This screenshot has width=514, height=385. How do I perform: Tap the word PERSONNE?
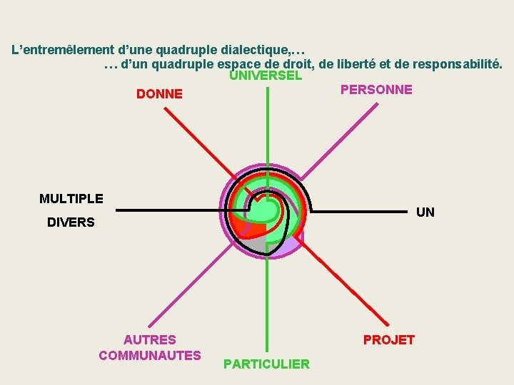click(x=376, y=90)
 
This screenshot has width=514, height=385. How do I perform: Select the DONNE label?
click(x=159, y=94)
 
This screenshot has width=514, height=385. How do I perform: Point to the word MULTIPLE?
click(x=71, y=199)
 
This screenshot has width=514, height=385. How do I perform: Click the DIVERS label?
click(x=71, y=222)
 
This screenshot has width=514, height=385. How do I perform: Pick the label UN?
click(x=425, y=212)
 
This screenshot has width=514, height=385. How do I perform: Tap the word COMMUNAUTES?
click(x=150, y=355)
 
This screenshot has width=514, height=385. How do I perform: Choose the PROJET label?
click(x=388, y=340)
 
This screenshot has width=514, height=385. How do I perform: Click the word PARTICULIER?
click(x=266, y=364)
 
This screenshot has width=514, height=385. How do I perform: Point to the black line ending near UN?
click(x=364, y=212)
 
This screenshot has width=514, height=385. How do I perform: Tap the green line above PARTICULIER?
click(x=267, y=307)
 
